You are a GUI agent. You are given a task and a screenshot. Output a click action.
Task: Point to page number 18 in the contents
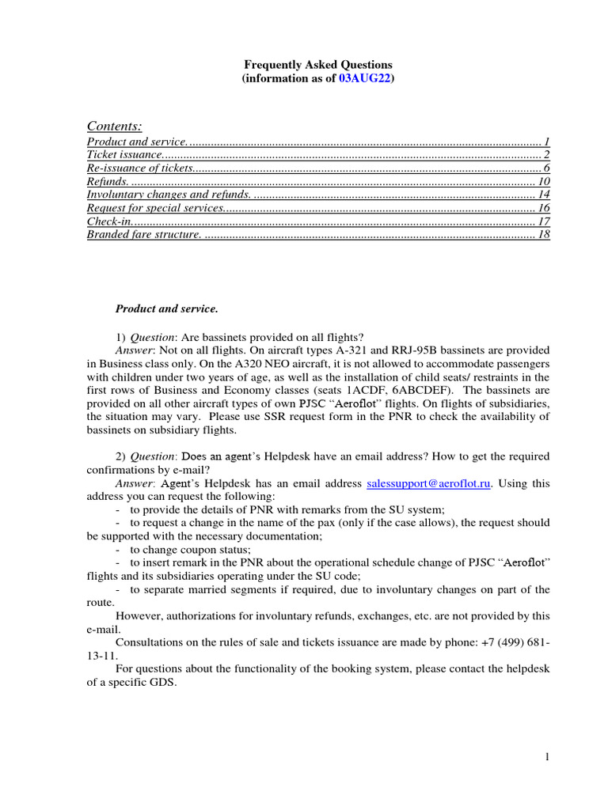click(543, 235)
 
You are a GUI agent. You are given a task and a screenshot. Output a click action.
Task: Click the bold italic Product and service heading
click(166, 308)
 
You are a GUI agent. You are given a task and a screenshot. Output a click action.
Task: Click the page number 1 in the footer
click(546, 758)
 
